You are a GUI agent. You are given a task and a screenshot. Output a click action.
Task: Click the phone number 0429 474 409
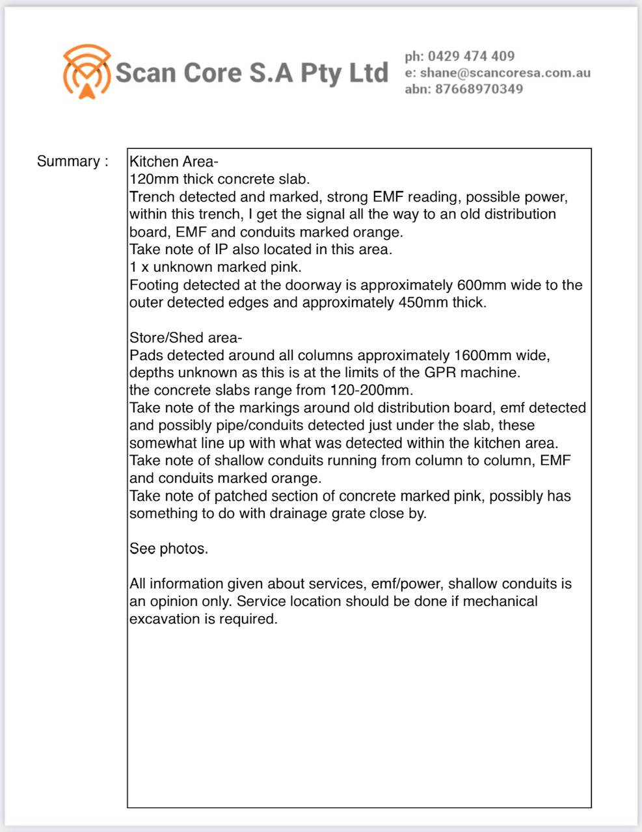[x=471, y=57]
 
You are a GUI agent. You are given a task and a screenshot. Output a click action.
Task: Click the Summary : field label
[x=72, y=161]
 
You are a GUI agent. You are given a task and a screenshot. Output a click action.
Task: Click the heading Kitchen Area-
[x=174, y=161]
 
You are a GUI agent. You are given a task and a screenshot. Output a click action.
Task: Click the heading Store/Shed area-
[x=185, y=338]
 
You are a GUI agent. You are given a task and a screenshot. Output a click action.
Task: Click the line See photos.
[x=168, y=549]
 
